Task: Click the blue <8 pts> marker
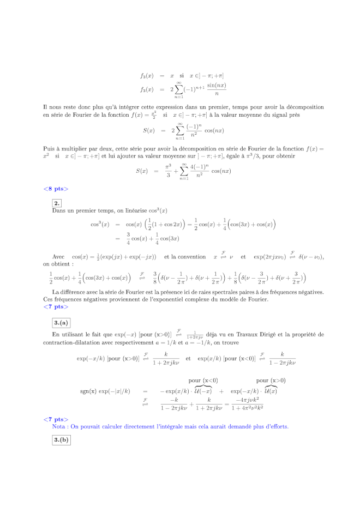point(56,189)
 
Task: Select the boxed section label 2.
point(57,203)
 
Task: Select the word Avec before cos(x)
point(58,257)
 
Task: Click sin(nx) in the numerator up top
point(217,85)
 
